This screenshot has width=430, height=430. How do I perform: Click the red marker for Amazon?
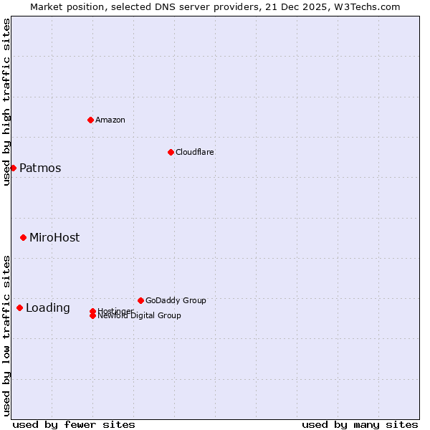click(90, 120)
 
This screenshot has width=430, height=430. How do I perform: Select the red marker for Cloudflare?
click(171, 152)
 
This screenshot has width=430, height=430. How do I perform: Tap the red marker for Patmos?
click(13, 168)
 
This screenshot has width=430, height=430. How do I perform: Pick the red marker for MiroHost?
click(23, 237)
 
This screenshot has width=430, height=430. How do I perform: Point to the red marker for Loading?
click(19, 307)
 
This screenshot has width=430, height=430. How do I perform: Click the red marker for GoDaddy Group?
click(140, 300)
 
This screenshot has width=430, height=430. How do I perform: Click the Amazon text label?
click(110, 120)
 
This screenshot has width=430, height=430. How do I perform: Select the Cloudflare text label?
click(195, 152)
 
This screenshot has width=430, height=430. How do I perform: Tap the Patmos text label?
click(40, 168)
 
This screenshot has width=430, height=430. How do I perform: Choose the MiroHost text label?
click(54, 238)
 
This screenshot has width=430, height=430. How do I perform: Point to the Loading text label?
click(48, 308)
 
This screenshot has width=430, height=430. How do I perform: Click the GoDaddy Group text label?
click(176, 300)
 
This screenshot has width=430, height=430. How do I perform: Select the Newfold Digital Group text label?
click(140, 315)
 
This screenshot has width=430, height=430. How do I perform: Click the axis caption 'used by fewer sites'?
click(74, 424)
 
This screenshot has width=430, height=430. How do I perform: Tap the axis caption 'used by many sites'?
click(360, 424)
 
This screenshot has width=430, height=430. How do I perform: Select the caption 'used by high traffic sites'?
click(6, 102)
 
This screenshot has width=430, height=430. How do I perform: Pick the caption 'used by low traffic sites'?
click(6, 335)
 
